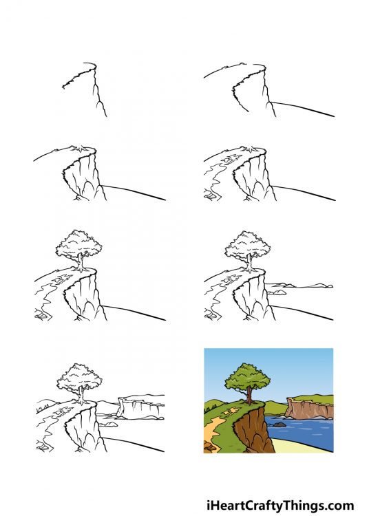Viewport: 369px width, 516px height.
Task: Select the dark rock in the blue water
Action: pyautogui.click(x=279, y=424)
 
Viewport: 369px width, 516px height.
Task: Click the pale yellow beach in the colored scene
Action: pyautogui.click(x=303, y=447)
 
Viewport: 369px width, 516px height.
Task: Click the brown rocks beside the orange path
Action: pyautogui.click(x=208, y=447)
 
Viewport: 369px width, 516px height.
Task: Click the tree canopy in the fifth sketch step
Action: pyautogui.click(x=77, y=244)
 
